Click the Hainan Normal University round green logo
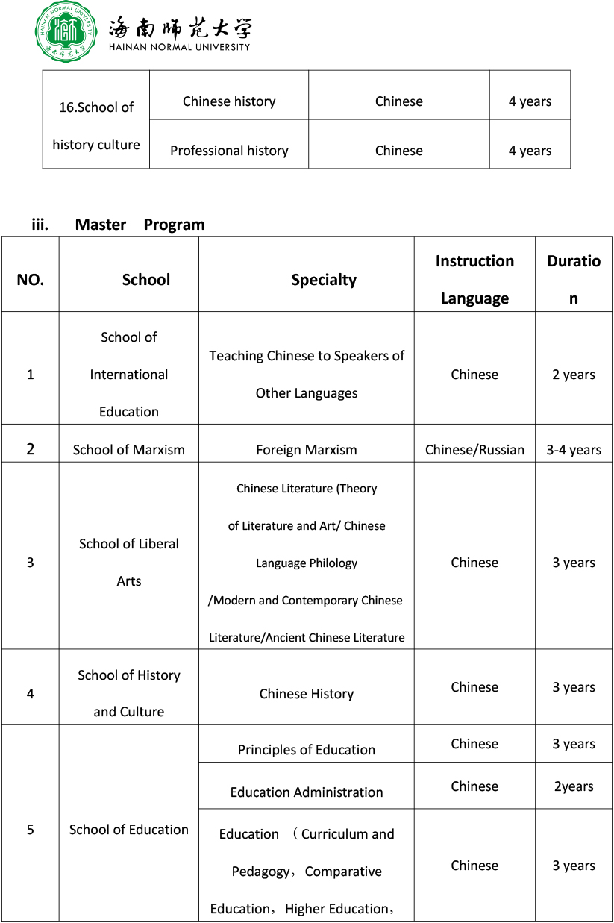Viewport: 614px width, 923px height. [66, 31]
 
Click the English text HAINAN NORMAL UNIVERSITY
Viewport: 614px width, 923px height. [179, 46]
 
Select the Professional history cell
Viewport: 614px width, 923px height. [229, 151]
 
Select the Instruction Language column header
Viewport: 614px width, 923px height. [474, 280]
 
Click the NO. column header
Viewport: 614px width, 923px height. [30, 280]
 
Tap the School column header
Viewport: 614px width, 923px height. [146, 280]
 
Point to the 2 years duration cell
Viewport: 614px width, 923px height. [574, 375]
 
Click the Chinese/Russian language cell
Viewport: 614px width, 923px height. [474, 450]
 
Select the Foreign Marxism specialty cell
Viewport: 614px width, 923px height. [306, 450]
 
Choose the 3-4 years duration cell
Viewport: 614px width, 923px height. [574, 450]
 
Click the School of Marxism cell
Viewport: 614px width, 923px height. [129, 450]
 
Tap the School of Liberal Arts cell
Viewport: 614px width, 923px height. [129, 562]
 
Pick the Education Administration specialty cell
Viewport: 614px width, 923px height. [306, 792]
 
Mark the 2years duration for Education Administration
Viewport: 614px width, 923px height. [574, 786]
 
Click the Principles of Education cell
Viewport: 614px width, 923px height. [306, 750]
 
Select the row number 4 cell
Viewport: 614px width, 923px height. [30, 693]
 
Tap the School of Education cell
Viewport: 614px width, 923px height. [129, 830]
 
